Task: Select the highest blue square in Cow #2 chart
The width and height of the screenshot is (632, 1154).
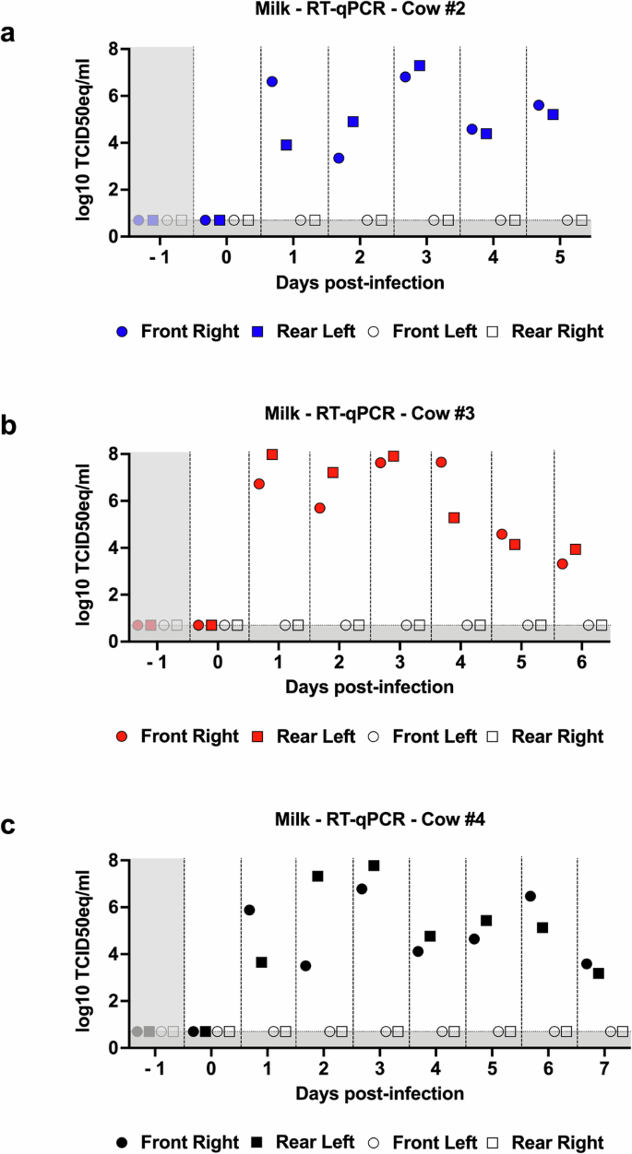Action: (x=420, y=65)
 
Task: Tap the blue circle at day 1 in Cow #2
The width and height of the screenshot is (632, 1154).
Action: (x=272, y=82)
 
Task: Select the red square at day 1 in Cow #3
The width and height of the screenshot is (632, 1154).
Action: (x=272, y=454)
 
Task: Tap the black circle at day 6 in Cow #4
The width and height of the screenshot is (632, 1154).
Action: (x=531, y=896)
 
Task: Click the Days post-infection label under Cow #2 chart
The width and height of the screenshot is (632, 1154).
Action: (x=361, y=282)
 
